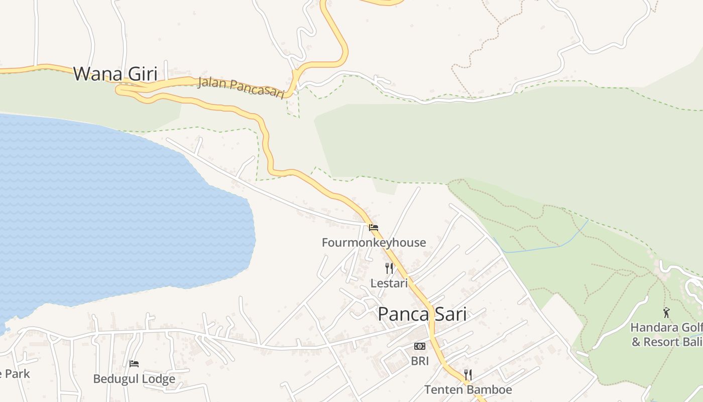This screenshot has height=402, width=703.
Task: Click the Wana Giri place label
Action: [x=115, y=74]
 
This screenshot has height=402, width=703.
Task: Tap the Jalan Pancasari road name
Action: [x=241, y=87]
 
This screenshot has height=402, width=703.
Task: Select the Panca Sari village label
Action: [x=422, y=315]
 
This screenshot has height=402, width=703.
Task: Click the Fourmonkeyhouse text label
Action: [x=374, y=243]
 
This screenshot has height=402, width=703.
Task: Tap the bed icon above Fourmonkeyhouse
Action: [x=374, y=228]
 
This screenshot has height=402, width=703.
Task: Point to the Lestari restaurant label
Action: [x=389, y=283]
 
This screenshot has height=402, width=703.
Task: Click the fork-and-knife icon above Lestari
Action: [x=389, y=268]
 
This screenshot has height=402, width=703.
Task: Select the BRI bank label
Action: [x=420, y=361]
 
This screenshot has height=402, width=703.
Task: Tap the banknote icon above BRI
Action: [x=420, y=346]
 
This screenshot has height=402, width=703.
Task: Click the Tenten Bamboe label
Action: [x=468, y=389]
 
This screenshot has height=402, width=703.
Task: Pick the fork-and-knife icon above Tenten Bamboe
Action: [x=468, y=375]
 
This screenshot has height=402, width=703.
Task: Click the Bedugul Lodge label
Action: [x=134, y=379]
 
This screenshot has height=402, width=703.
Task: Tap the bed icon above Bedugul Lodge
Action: [x=134, y=364]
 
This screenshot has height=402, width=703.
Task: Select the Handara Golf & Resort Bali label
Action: [x=666, y=335]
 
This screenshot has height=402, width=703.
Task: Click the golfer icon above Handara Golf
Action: [x=666, y=313]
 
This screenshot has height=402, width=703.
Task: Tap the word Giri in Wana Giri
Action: [x=136, y=74]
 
